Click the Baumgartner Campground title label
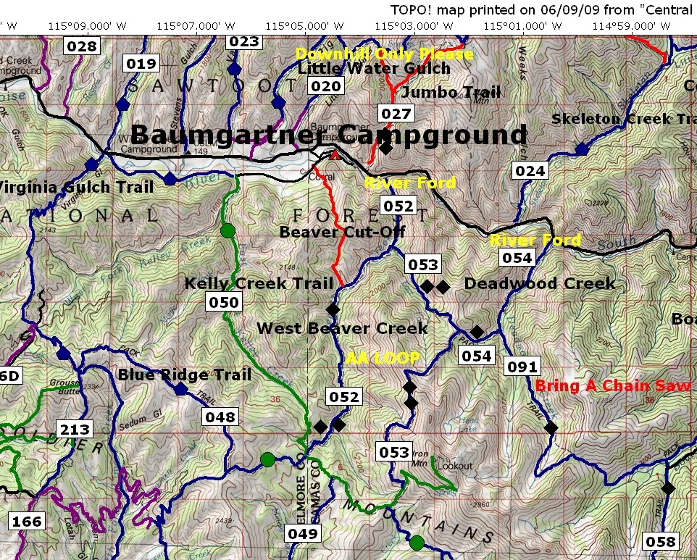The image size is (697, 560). point(330,135)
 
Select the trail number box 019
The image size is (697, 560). point(141,64)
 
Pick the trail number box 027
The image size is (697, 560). point(396,114)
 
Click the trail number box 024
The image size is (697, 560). point(530,171)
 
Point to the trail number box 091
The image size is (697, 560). point(522,367)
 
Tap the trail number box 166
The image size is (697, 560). point(27,521)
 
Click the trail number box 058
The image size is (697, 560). point(660,541)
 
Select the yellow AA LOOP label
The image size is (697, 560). point(383,358)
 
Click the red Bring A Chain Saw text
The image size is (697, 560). point(613,386)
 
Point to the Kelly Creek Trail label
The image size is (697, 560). point(259,283)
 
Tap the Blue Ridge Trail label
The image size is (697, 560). point(185,375)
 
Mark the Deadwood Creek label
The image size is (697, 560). point(540,283)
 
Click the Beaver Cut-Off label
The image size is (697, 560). point(342,232)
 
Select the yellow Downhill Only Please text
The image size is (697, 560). point(384,54)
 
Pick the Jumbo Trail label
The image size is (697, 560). point(451,93)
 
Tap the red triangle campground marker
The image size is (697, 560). point(334,155)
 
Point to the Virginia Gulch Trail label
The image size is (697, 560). point(76,188)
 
